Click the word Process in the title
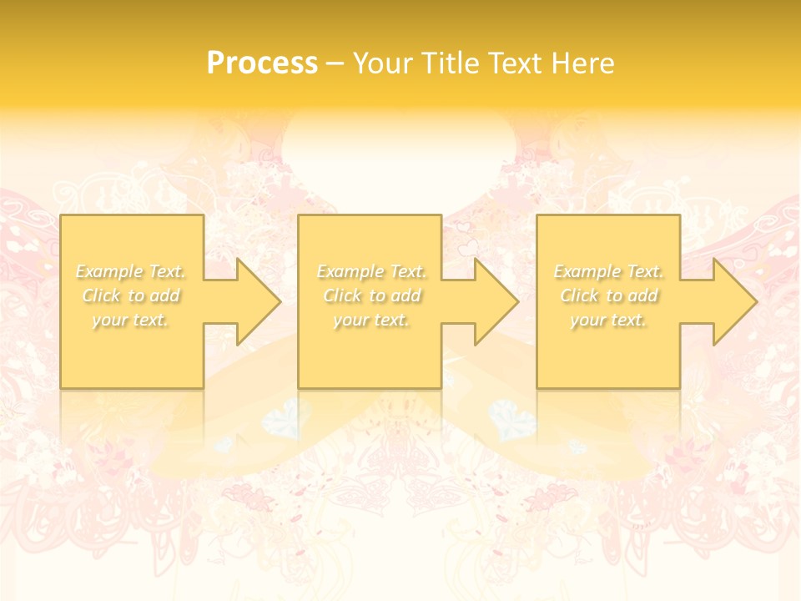[x=262, y=63]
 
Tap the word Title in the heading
[x=450, y=63]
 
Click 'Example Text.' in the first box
[x=131, y=271]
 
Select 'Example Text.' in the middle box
[x=371, y=271]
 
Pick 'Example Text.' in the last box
[x=608, y=271]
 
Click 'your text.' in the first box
[x=131, y=320]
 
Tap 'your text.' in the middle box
[x=371, y=320]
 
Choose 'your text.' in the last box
[x=608, y=320]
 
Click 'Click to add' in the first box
[x=131, y=295]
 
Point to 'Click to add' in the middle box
[x=371, y=295]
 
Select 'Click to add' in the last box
[x=608, y=295]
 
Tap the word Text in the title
[x=516, y=63]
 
